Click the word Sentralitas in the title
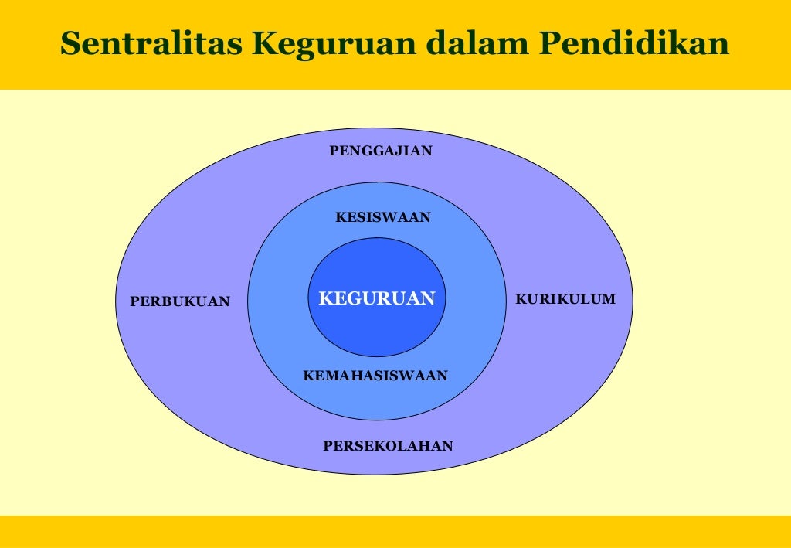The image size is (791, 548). (152, 44)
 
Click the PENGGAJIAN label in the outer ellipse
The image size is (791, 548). (381, 151)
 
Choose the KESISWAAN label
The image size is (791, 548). (382, 218)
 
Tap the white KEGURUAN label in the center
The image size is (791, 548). (377, 298)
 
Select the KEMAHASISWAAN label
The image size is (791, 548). (375, 376)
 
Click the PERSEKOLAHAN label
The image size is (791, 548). (388, 446)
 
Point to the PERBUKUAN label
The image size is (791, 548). (180, 302)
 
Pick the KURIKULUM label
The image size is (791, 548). (565, 299)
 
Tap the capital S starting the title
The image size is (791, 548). (70, 44)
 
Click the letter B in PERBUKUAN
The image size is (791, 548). (170, 302)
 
